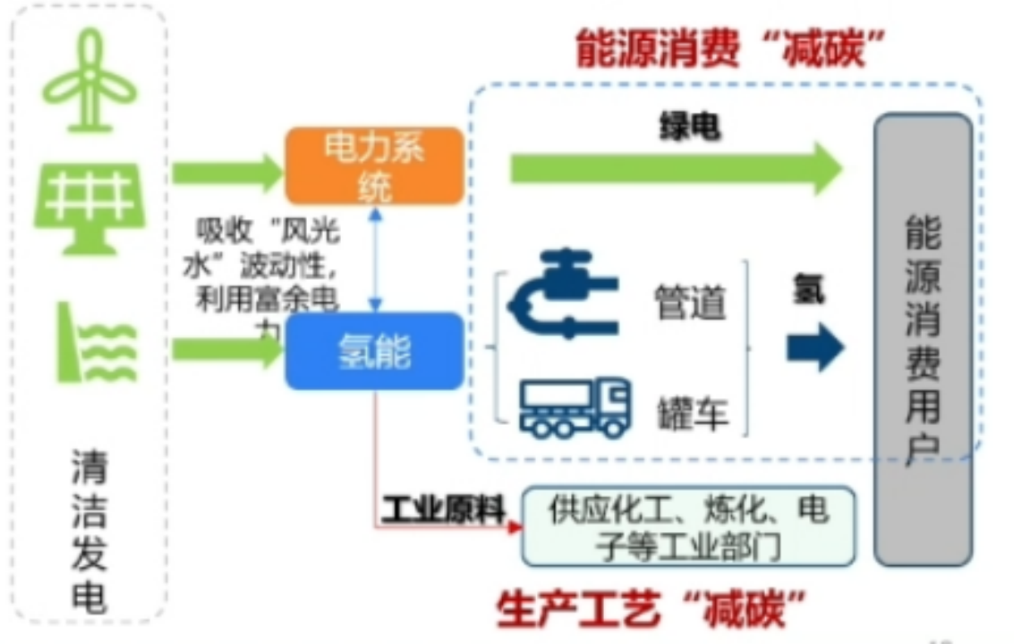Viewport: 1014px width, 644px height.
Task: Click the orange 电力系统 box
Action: [374, 166]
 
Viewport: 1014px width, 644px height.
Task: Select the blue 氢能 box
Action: [374, 351]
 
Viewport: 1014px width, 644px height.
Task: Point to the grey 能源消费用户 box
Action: [923, 339]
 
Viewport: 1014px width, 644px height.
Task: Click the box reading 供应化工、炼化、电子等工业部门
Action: [688, 527]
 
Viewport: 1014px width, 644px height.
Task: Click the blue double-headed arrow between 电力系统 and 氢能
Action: [377, 258]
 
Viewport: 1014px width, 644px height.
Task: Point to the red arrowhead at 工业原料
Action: [515, 528]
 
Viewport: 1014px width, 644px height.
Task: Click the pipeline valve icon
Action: [562, 294]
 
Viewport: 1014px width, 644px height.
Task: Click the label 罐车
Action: [691, 414]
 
